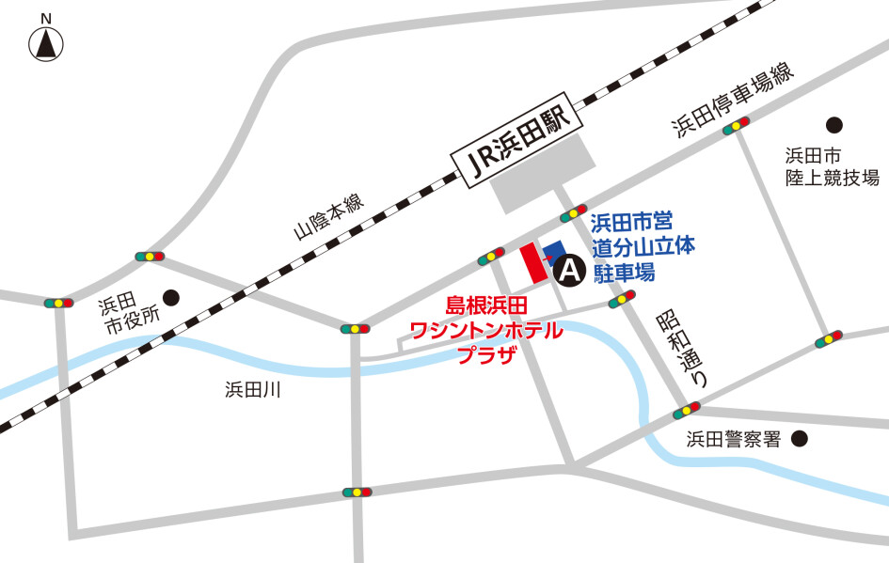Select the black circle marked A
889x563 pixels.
[569, 272]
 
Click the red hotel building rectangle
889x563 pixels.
[533, 262]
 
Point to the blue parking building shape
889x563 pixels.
[554, 251]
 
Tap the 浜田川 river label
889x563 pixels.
[253, 389]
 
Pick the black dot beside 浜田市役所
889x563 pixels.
[171, 297]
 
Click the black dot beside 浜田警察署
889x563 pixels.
[800, 437]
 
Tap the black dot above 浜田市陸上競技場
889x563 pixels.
[833, 124]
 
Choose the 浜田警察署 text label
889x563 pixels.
[733, 439]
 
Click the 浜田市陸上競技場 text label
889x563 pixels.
[833, 166]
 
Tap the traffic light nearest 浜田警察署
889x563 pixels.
[688, 411]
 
